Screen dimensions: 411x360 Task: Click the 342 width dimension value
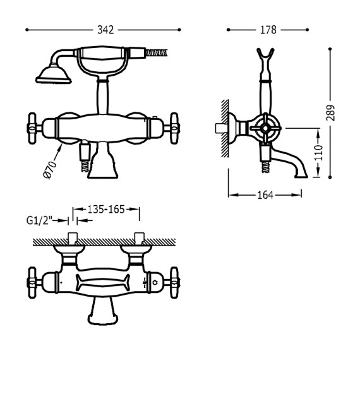(105, 30)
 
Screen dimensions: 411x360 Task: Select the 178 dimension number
(268, 30)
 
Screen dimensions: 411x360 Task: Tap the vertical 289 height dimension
(331, 112)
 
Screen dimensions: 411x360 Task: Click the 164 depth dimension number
(265, 195)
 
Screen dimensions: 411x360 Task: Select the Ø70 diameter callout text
(51, 171)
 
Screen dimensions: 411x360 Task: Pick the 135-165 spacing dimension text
(105, 209)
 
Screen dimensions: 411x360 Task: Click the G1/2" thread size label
(39, 220)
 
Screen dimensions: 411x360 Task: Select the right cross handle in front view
(174, 128)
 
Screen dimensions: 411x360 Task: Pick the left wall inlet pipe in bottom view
(72, 239)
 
